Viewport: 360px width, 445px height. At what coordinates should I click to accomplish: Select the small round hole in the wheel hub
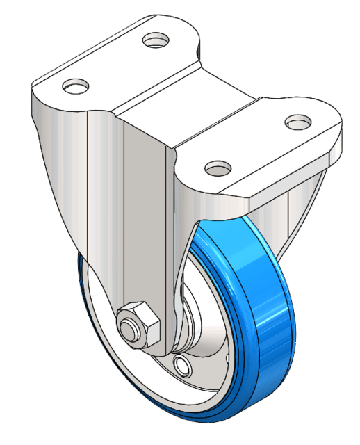click(x=183, y=364)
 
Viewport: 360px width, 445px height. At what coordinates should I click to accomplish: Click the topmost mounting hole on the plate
click(x=157, y=40)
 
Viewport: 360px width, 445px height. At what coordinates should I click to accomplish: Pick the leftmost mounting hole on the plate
click(x=76, y=86)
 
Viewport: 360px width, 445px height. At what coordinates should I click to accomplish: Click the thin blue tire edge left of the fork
click(x=81, y=292)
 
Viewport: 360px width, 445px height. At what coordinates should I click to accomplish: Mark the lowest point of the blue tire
click(x=202, y=419)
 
